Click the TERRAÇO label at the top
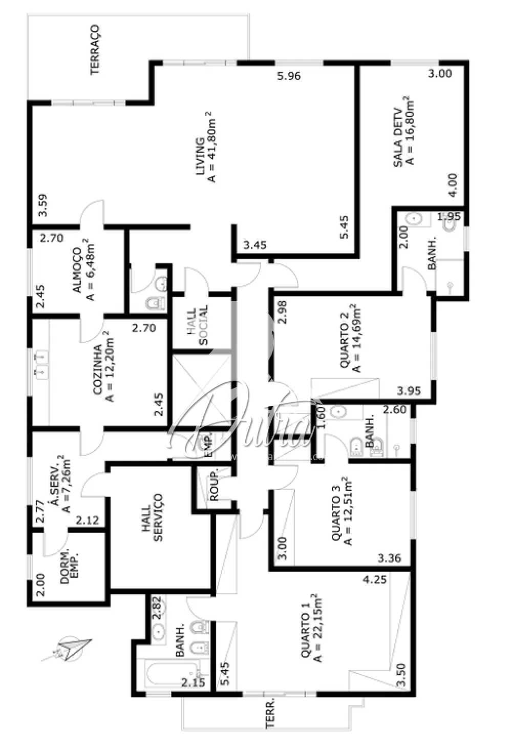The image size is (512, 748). click(95, 50)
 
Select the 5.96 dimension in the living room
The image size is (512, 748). click(289, 76)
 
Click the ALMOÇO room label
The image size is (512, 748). click(77, 270)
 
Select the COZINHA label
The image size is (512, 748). click(97, 369)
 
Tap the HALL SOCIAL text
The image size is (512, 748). click(197, 326)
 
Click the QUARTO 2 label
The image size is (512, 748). click(345, 341)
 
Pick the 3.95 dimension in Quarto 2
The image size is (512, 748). click(409, 391)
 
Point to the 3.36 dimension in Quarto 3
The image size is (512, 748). click(389, 558)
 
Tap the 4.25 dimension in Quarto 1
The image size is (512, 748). click(374, 579)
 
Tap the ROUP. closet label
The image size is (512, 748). click(214, 485)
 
